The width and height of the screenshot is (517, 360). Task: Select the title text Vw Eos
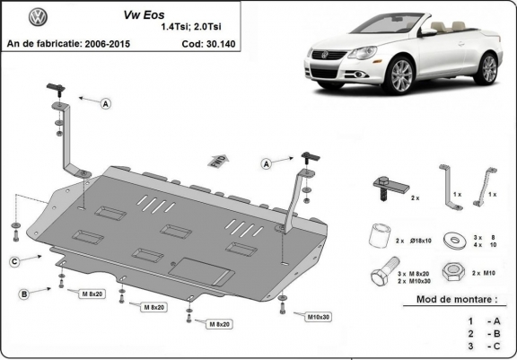(190, 16)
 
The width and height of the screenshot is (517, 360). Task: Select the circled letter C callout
(15, 261)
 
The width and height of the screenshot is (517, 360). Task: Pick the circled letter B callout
(23, 294)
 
